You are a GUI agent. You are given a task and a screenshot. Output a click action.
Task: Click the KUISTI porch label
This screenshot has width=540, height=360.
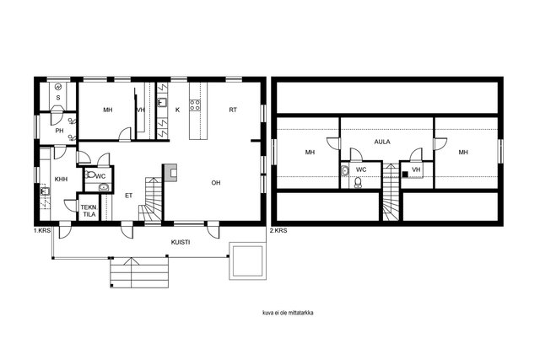coord(181,242)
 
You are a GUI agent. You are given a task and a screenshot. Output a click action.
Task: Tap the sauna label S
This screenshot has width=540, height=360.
coord(58,98)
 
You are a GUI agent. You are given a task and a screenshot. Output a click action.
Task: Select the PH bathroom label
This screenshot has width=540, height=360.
coord(60,131)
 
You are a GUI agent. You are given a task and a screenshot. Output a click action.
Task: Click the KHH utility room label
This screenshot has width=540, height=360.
coord(62,179)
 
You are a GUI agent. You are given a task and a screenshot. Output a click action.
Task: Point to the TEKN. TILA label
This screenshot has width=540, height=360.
coord(89,211)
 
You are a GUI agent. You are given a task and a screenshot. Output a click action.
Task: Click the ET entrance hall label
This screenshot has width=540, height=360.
coord(129,196)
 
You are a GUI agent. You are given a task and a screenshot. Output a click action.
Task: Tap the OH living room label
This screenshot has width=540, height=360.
coord(216,183)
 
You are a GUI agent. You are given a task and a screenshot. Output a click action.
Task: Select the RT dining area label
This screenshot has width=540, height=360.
coord(233,110)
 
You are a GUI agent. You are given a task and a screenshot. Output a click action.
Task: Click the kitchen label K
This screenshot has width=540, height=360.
coord(178,110)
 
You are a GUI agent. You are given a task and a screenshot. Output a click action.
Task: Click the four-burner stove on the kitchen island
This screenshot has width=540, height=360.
coord(195,105)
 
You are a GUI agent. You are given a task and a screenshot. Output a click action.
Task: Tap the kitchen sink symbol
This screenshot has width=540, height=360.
coord(163,103)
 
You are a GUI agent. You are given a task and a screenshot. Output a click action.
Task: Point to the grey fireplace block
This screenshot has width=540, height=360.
coord(170,173)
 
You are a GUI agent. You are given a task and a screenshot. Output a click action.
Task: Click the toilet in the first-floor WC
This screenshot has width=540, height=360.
coord(90,175)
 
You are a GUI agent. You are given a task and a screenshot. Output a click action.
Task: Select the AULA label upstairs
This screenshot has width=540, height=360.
coord(382,142)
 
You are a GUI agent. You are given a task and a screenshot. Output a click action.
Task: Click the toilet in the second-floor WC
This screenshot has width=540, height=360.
coord(358,183)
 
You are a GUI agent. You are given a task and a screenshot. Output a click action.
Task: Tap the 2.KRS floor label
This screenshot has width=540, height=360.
coord(278,231)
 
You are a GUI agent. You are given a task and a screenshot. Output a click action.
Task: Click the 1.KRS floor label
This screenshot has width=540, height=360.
coord(42,231)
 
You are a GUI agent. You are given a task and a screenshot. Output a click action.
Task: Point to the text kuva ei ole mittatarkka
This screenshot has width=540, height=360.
coord(288,313)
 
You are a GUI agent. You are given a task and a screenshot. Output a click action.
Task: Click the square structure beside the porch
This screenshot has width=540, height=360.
coord(247,261)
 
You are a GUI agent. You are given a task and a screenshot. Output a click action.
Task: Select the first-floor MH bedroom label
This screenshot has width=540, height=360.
coord(108,110)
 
